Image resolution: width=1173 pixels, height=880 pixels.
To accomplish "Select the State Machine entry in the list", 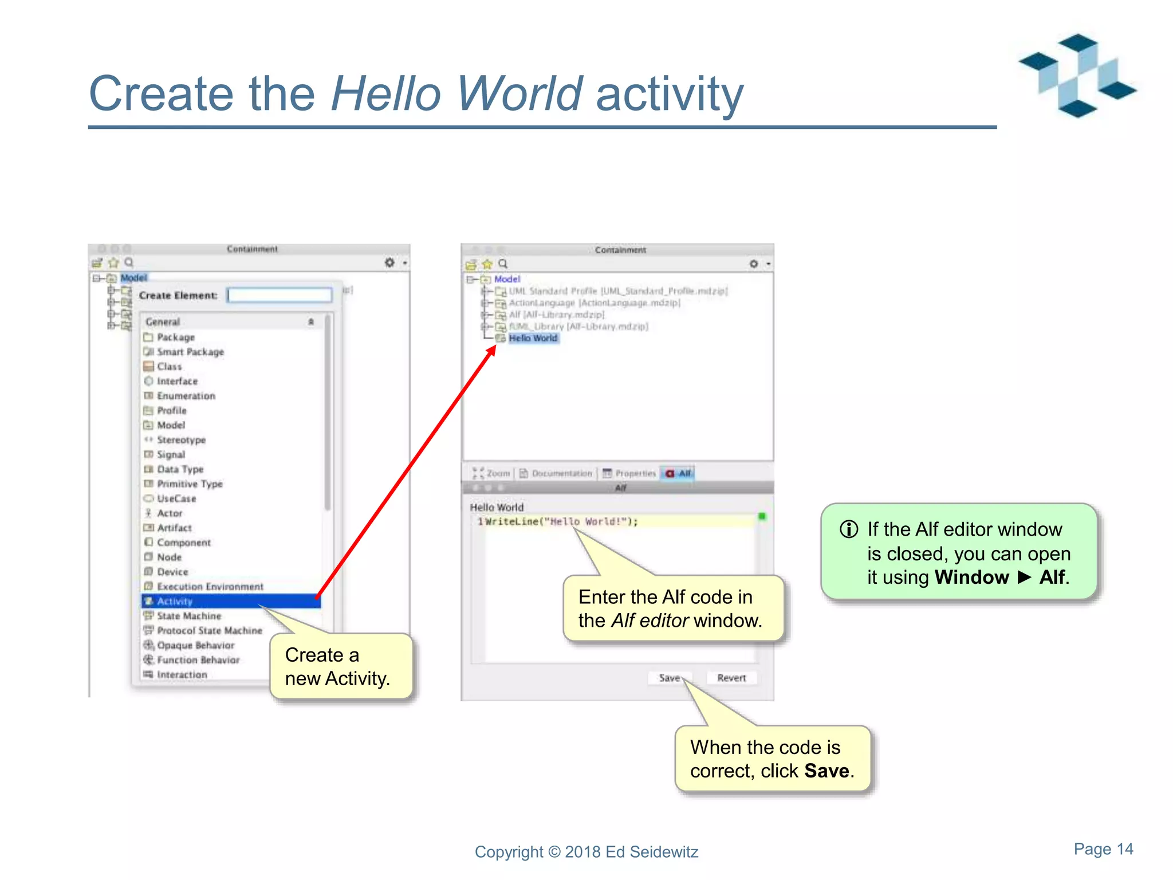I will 188,616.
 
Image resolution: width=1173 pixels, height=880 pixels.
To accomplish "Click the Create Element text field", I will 280,295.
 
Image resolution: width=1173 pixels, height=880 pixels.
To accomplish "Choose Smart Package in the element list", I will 190,352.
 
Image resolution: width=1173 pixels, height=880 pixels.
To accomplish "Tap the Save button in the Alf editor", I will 669,678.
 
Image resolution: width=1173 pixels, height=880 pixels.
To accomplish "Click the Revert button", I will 731,678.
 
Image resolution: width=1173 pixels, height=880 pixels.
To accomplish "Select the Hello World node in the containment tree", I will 533,338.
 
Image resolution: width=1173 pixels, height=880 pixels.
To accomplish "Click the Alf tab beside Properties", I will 679,473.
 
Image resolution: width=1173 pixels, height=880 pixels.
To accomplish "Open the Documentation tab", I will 556,473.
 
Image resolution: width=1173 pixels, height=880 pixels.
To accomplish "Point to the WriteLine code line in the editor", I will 561,521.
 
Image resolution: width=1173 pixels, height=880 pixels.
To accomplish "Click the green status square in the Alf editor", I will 762,516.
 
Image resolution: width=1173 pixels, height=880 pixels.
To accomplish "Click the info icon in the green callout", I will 849,529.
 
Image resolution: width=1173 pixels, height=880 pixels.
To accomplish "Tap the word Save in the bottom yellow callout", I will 826,771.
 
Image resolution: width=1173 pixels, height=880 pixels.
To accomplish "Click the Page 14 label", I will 1103,849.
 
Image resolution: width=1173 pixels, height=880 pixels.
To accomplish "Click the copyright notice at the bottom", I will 586,852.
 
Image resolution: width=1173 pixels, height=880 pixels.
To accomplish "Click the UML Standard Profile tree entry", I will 617,291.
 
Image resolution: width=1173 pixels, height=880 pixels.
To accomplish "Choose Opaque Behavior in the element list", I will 195,645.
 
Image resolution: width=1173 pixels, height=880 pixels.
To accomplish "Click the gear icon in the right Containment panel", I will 754,264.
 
